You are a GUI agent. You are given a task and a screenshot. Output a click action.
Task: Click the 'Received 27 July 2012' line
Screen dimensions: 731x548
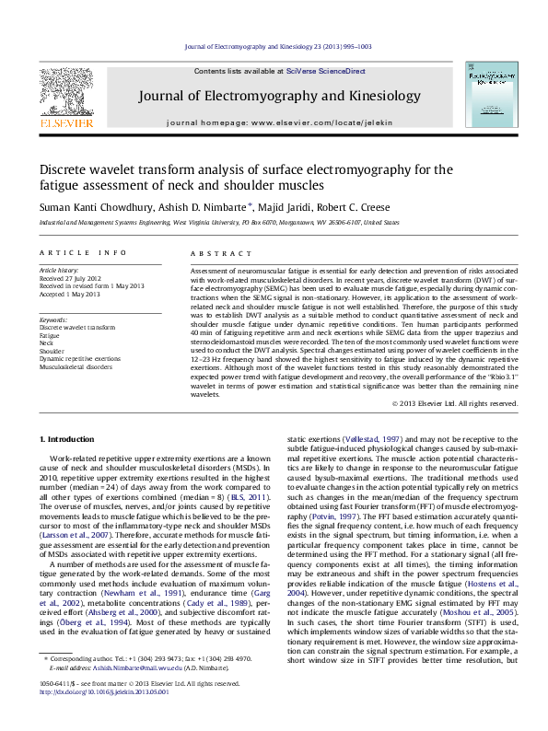(71, 278)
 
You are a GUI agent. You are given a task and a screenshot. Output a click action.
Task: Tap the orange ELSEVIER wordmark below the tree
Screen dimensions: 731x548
(66, 122)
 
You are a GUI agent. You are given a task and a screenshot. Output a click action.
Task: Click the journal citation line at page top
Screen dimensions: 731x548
(274, 45)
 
